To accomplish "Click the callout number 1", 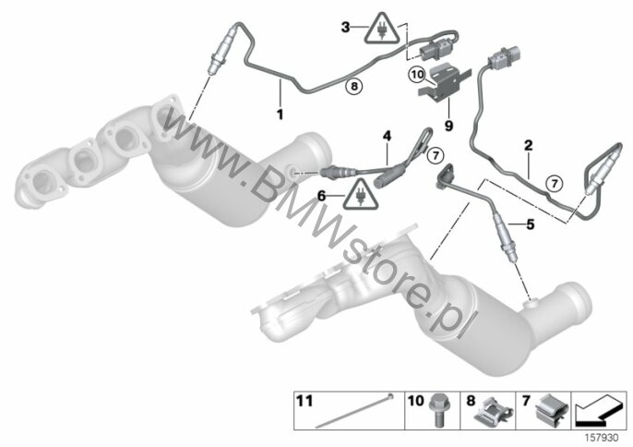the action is click(280, 115).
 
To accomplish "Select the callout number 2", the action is click(529, 145).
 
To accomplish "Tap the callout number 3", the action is click(345, 28).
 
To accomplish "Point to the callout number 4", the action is click(388, 136).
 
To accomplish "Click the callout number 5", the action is click(530, 223).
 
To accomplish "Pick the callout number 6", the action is click(321, 196).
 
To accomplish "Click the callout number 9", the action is click(448, 126).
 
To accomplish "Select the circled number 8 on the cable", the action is click(354, 86).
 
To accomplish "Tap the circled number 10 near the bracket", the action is click(417, 75).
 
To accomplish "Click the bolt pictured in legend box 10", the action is click(438, 410).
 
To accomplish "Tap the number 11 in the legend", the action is click(305, 402).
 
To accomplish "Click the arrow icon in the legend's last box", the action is click(599, 411).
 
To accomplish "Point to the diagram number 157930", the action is click(602, 438).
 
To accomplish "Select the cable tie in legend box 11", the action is click(353, 411).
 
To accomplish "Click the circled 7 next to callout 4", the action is click(436, 155).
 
